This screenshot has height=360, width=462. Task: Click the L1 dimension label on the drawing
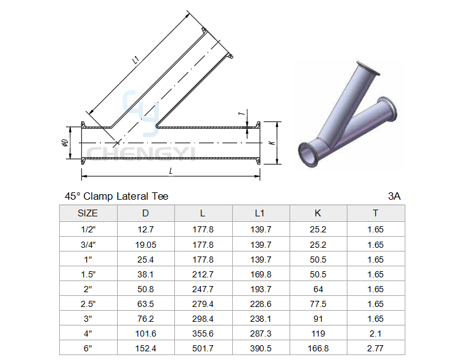(x=136, y=60)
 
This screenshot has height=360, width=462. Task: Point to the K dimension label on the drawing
(x=272, y=142)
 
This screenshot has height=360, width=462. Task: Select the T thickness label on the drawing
(x=241, y=113)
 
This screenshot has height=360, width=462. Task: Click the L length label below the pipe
(x=171, y=171)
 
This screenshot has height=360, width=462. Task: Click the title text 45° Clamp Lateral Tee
(x=116, y=197)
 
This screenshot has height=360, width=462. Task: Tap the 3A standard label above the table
(x=394, y=197)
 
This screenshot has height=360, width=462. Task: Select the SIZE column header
(x=87, y=213)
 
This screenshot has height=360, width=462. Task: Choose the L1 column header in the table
(x=259, y=213)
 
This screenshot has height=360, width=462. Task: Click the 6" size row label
(x=88, y=348)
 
